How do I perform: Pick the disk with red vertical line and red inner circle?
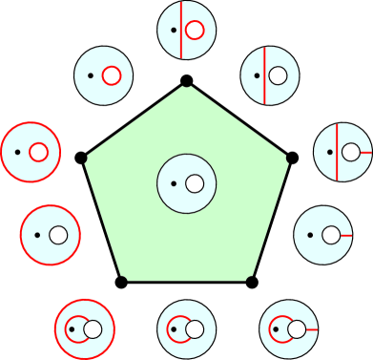(187, 31)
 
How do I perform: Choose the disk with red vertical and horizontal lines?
(342, 152)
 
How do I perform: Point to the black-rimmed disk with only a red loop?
(187, 330)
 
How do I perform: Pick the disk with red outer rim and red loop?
(85, 329)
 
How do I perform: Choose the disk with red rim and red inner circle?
(31, 152)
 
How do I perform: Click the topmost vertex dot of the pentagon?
(187, 81)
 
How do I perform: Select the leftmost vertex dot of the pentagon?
(81, 157)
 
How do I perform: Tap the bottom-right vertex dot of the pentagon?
(252, 282)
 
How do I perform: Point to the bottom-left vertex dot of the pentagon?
(121, 282)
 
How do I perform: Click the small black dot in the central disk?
(174, 182)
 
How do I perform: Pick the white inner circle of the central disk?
(196, 182)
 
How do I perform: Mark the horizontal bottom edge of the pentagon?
(186, 282)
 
